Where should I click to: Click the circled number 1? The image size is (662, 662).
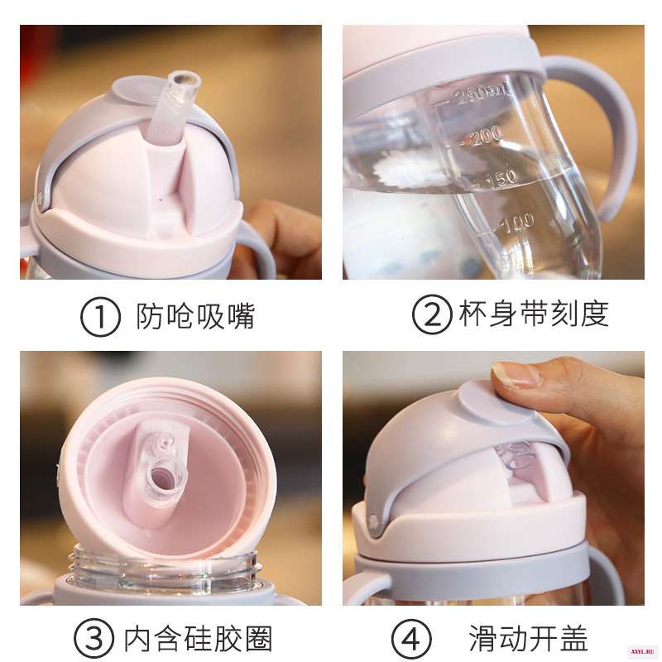100,317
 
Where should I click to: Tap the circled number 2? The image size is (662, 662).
432,314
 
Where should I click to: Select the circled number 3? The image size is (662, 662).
94,639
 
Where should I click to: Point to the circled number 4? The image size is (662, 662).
410,639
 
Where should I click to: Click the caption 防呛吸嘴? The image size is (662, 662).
195,316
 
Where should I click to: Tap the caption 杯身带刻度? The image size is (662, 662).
534,314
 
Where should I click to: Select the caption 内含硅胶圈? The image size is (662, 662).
198,638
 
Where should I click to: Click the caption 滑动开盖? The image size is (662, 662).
528,638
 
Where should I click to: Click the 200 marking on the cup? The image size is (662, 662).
487,136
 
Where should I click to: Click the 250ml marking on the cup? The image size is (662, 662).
482,94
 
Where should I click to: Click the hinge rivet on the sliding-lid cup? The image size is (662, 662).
374,520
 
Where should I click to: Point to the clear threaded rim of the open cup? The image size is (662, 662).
164,567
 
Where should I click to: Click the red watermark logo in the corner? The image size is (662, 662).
643,651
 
